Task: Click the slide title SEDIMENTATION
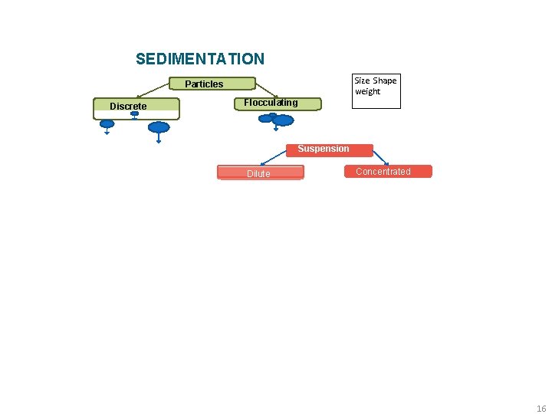(199, 59)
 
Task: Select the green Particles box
(204, 84)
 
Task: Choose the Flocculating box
(271, 103)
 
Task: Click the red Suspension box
(324, 149)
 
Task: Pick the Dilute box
(259, 173)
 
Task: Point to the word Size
(362, 80)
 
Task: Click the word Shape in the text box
(385, 80)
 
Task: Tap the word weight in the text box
(367, 91)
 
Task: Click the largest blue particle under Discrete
(159, 127)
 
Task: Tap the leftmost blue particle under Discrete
(107, 123)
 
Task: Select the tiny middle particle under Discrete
(134, 113)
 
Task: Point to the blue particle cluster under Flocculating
(278, 119)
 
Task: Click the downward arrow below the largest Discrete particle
(159, 139)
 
